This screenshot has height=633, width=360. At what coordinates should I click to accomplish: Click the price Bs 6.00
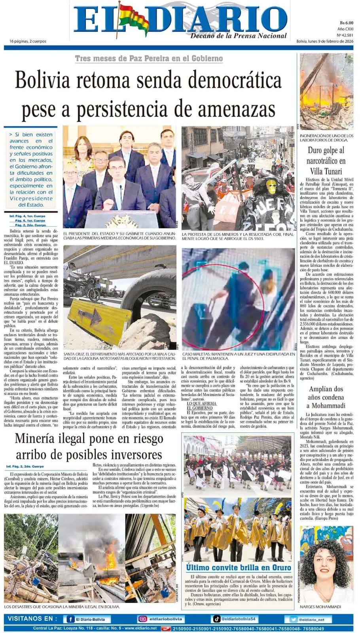(x=346, y=23)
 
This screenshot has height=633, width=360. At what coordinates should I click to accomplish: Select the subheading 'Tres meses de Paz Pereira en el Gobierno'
(x=149, y=59)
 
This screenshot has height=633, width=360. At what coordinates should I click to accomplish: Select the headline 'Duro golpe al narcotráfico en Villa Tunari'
(x=326, y=161)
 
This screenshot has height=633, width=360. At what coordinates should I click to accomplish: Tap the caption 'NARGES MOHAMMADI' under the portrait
(x=320, y=606)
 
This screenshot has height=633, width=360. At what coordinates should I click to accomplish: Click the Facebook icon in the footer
(x=70, y=620)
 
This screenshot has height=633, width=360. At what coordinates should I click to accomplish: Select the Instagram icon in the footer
(x=142, y=619)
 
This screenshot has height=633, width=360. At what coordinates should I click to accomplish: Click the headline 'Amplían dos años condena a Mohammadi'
(x=326, y=397)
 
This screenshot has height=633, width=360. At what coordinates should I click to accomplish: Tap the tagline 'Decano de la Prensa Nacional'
(x=238, y=36)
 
